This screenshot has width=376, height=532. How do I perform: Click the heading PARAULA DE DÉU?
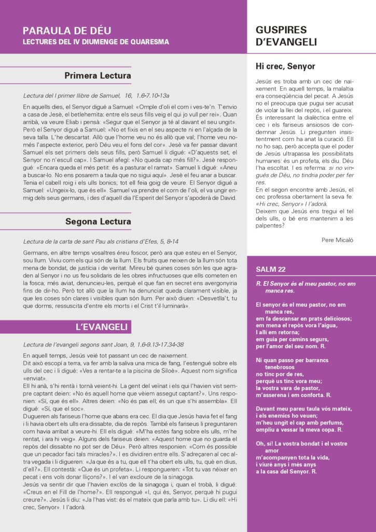coord(67,31)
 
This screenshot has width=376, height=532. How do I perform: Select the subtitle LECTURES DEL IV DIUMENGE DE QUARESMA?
coord(96,42)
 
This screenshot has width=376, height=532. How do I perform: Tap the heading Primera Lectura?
coord(98,76)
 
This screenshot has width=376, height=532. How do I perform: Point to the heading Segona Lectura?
coord(98,222)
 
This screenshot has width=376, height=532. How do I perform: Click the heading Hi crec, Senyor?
coord(285,66)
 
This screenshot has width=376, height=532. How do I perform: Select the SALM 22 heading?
coord(271,269)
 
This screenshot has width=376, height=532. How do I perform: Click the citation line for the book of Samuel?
coord(96,96)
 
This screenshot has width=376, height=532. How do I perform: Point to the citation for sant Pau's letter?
coord(101,242)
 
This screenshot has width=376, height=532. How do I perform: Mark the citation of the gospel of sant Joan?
coord(103,344)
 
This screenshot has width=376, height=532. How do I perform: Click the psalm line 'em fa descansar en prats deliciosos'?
coord(300,318)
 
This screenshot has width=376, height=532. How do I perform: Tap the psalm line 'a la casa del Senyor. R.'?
coord(286,472)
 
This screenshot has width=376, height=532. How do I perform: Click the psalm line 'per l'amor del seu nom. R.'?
coord(290,345)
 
